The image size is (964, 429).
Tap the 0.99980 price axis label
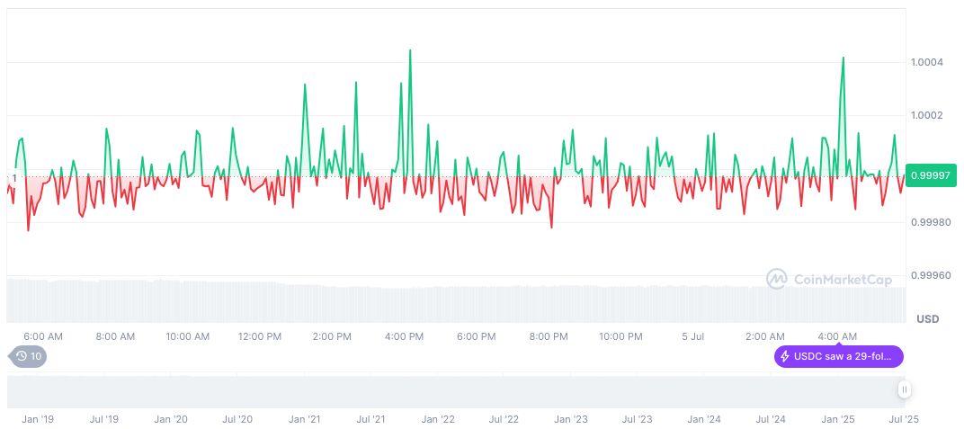coord(931,222)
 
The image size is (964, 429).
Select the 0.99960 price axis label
coord(931,275)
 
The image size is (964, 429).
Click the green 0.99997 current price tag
coord(932,175)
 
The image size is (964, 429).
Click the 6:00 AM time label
coord(43,336)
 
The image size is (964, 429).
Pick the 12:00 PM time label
coord(260,336)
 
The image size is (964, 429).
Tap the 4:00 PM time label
coord(404,336)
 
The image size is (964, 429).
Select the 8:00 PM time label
coord(549,336)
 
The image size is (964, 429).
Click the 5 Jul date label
coord(692,336)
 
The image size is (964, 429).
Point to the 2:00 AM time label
coord(764,336)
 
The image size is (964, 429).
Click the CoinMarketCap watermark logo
coord(829,280)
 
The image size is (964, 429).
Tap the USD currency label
coord(927,319)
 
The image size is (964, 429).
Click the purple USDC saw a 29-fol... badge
coord(838,357)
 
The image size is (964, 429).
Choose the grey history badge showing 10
coord(29,356)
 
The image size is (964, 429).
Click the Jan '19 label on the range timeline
coord(38,419)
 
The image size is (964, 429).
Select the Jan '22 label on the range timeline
coord(438,419)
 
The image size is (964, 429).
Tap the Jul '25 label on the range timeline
coord(904,419)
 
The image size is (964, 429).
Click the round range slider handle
coord(904,389)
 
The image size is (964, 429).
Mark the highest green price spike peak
coord(410,50)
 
